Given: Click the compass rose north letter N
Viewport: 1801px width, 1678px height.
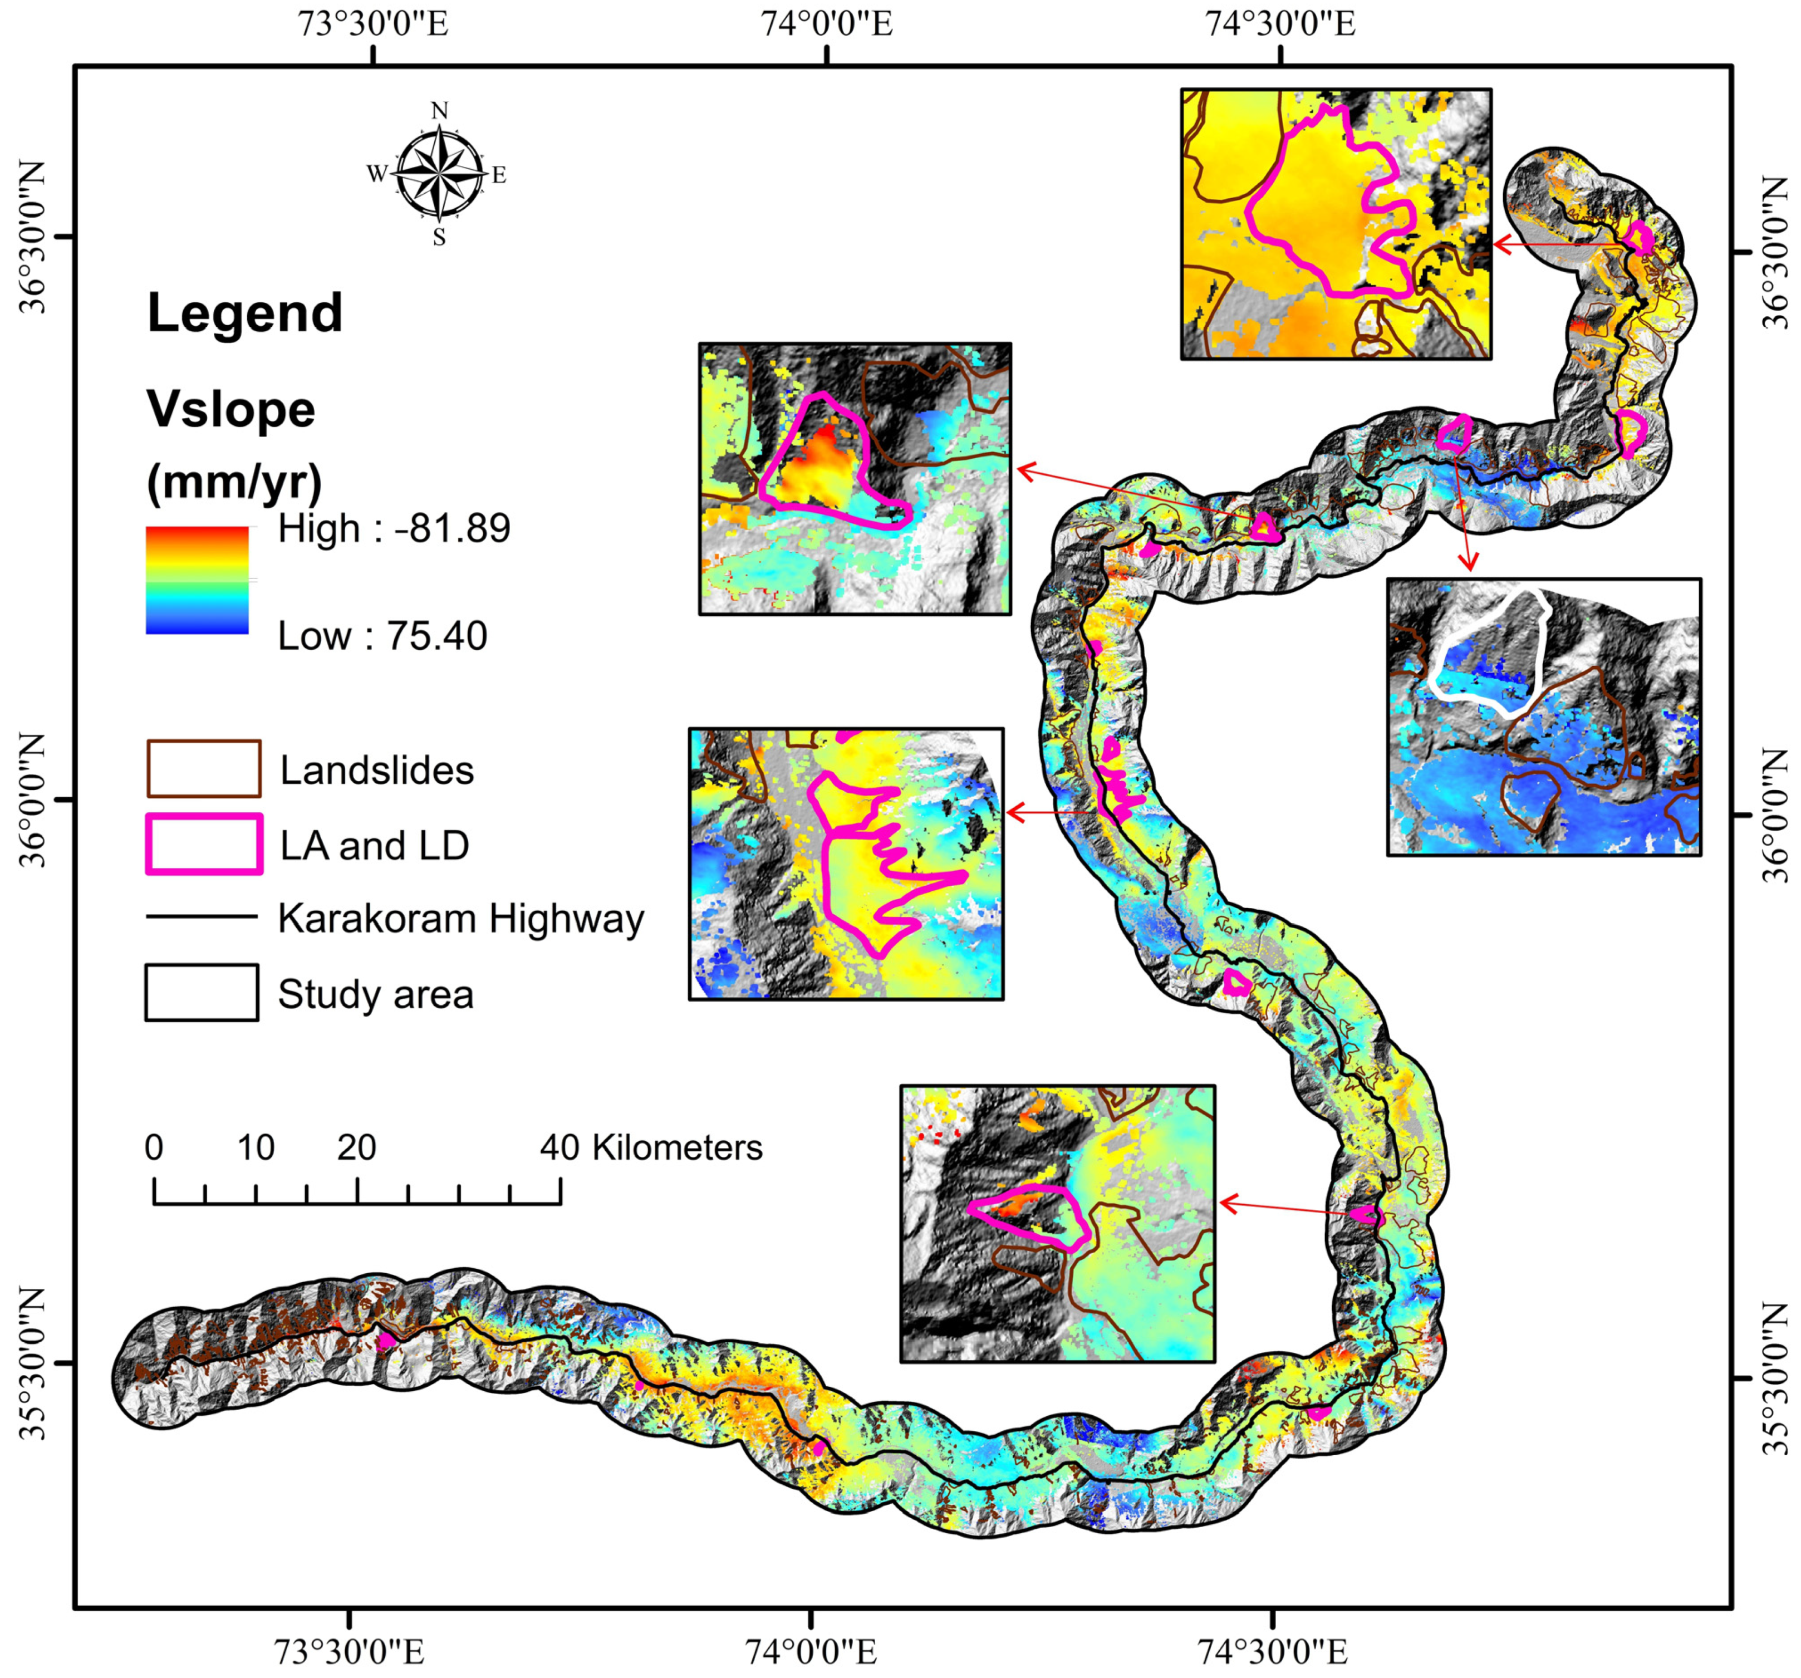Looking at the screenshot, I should (439, 111).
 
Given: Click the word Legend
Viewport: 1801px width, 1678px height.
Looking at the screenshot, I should (244, 313).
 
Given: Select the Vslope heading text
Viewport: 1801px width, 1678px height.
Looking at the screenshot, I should (231, 410).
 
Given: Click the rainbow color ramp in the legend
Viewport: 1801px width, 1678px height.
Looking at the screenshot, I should (197, 580).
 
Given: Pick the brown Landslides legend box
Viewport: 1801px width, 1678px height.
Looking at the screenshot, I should (204, 768).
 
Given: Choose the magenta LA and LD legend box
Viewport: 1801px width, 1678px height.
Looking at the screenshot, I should (204, 843).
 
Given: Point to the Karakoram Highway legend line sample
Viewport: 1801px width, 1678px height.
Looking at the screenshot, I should (201, 917).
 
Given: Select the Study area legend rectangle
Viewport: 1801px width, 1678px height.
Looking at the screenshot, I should (201, 993).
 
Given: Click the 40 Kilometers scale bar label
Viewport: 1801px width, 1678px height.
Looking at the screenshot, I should (650, 1148).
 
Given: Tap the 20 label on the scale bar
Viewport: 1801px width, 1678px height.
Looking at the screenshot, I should (356, 1148).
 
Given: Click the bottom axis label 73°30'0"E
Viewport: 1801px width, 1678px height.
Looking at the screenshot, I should (349, 1652).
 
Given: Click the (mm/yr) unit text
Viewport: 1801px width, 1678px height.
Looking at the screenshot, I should (234, 482).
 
